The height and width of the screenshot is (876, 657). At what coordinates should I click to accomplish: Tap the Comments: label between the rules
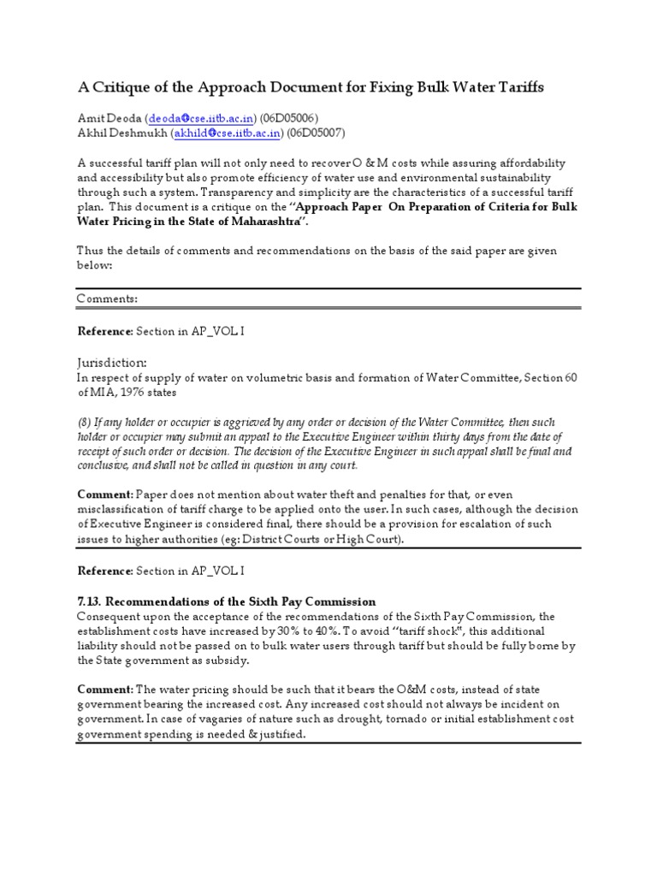point(107,299)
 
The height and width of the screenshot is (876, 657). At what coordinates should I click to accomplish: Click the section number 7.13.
point(90,601)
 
